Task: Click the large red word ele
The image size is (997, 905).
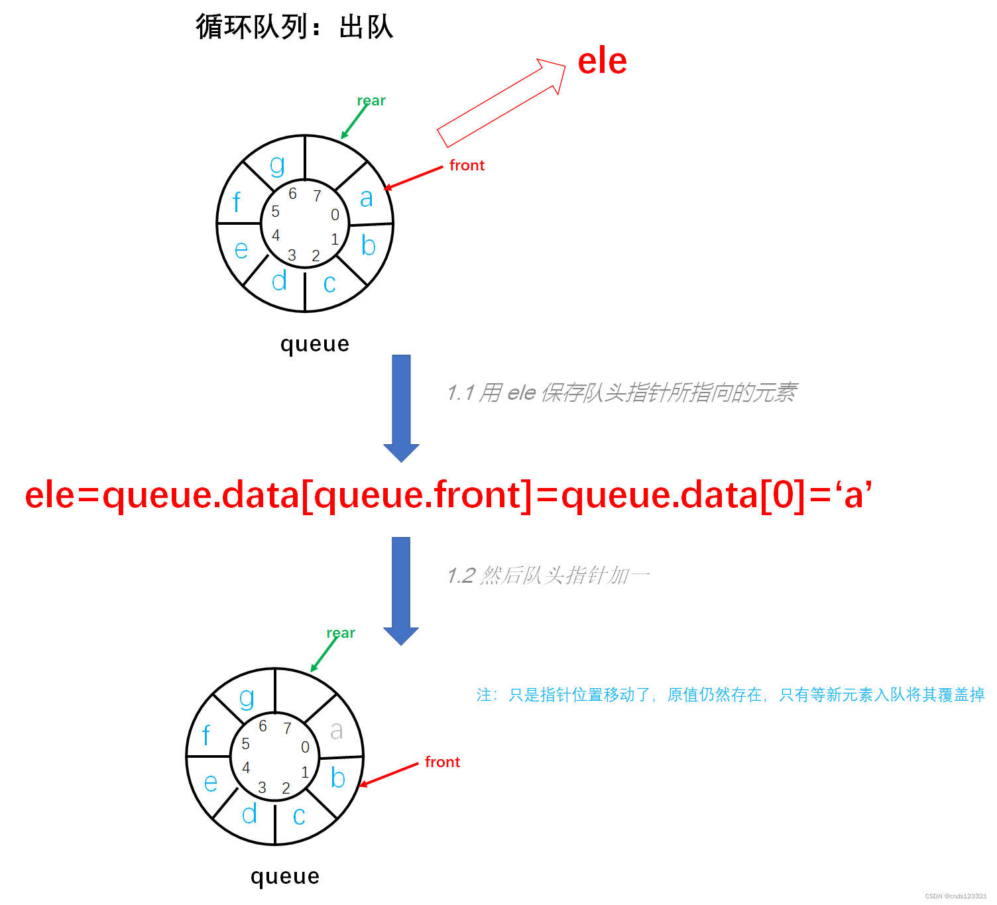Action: click(602, 62)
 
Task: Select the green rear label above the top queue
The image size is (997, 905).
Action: click(371, 101)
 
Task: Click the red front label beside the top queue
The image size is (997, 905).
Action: click(467, 165)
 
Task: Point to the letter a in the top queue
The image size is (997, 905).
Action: click(367, 198)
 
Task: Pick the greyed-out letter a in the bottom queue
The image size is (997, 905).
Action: click(337, 730)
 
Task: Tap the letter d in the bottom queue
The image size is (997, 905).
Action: click(249, 814)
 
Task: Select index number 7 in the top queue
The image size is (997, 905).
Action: click(317, 196)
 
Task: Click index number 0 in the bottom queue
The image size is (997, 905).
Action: click(305, 747)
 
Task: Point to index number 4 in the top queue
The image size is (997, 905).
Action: click(276, 235)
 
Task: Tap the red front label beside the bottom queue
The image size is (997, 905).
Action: click(442, 762)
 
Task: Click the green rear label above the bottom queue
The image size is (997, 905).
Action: click(341, 633)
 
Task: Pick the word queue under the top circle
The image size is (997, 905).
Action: click(314, 344)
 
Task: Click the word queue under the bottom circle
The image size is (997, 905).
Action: click(285, 876)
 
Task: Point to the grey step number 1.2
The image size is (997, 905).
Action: click(461, 575)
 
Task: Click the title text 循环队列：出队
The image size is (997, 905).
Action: click(294, 27)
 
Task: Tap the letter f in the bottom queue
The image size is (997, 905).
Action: click(206, 735)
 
